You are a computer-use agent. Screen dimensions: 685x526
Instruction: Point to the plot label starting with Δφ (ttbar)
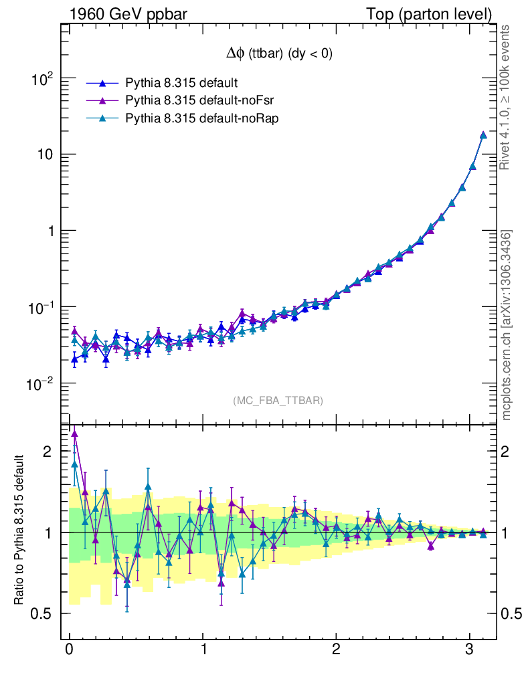pos(278,55)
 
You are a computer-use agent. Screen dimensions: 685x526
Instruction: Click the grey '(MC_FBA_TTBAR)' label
pos(278,401)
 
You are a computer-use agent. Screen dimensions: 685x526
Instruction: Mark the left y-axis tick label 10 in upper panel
pos(43,155)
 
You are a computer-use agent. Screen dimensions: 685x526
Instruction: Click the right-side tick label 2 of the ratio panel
pos(510,451)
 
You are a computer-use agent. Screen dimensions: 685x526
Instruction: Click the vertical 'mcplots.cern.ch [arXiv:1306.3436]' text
pos(507,325)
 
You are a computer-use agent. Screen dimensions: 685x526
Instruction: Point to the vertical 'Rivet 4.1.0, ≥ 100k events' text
pos(506,97)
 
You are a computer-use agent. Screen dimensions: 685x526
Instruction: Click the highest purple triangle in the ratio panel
pos(74,433)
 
